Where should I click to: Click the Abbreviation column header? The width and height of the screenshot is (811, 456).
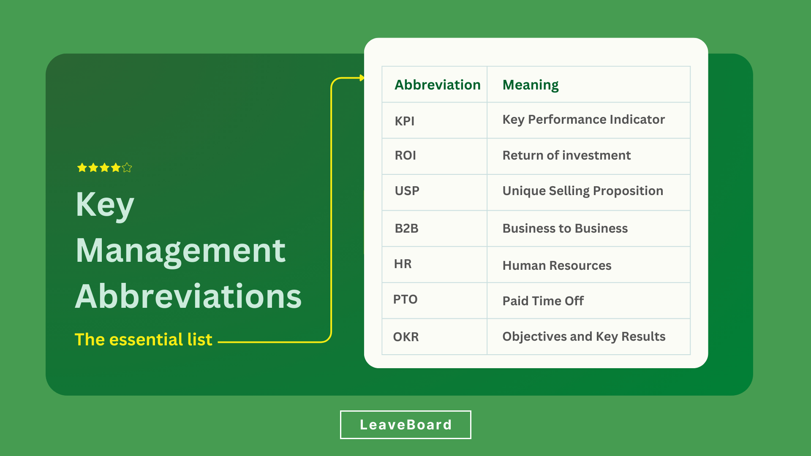(438, 85)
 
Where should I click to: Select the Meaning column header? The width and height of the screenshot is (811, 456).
(531, 85)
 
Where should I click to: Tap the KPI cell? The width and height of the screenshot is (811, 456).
(404, 121)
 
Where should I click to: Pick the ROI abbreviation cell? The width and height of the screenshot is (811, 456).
(405, 155)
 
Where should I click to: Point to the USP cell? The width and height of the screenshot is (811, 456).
(407, 191)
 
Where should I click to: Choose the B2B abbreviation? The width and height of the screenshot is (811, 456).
(406, 228)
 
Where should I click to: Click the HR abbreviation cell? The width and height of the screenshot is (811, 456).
(403, 264)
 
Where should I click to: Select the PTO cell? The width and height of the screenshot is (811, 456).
(405, 299)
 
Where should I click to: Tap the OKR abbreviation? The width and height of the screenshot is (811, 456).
(406, 337)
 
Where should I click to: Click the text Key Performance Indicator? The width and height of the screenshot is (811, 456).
(583, 120)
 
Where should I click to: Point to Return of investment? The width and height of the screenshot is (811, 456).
(566, 155)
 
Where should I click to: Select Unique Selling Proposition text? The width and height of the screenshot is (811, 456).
(582, 191)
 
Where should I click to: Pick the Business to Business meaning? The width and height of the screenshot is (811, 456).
(565, 228)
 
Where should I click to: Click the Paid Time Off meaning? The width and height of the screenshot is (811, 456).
(543, 301)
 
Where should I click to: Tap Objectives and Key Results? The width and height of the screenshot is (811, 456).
(584, 337)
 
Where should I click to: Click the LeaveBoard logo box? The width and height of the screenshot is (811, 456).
(405, 425)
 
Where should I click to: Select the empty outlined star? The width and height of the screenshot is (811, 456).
(127, 168)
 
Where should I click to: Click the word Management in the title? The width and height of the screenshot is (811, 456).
(181, 251)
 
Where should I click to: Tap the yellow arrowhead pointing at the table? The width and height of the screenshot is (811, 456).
(362, 78)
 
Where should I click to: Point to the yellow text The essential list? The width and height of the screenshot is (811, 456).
(143, 339)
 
